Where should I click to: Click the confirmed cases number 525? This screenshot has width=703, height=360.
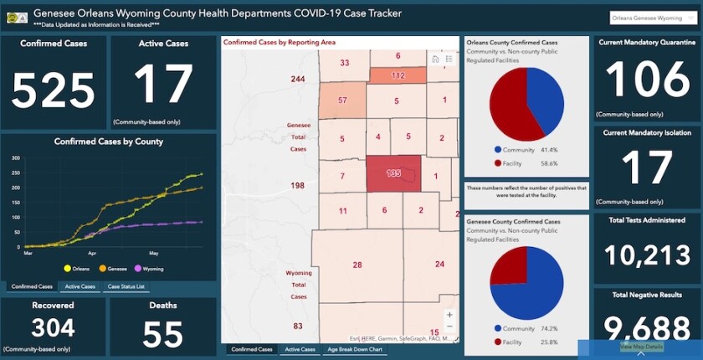54,90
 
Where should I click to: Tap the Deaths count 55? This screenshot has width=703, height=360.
162,334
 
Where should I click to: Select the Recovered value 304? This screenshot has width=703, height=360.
53,327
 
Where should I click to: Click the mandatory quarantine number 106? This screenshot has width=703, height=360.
647,81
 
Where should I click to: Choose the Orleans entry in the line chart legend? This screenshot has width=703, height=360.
78,269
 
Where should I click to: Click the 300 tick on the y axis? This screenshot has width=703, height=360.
15,157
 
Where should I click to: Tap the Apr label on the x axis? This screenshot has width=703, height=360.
92,252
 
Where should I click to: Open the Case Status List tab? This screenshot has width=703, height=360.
126,286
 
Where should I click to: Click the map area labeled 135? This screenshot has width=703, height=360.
393,173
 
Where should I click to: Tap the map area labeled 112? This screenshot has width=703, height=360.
397,76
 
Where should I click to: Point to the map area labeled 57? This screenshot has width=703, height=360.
341,100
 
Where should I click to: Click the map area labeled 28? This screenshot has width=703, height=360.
357,265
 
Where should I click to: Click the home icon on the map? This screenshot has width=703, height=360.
435,59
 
